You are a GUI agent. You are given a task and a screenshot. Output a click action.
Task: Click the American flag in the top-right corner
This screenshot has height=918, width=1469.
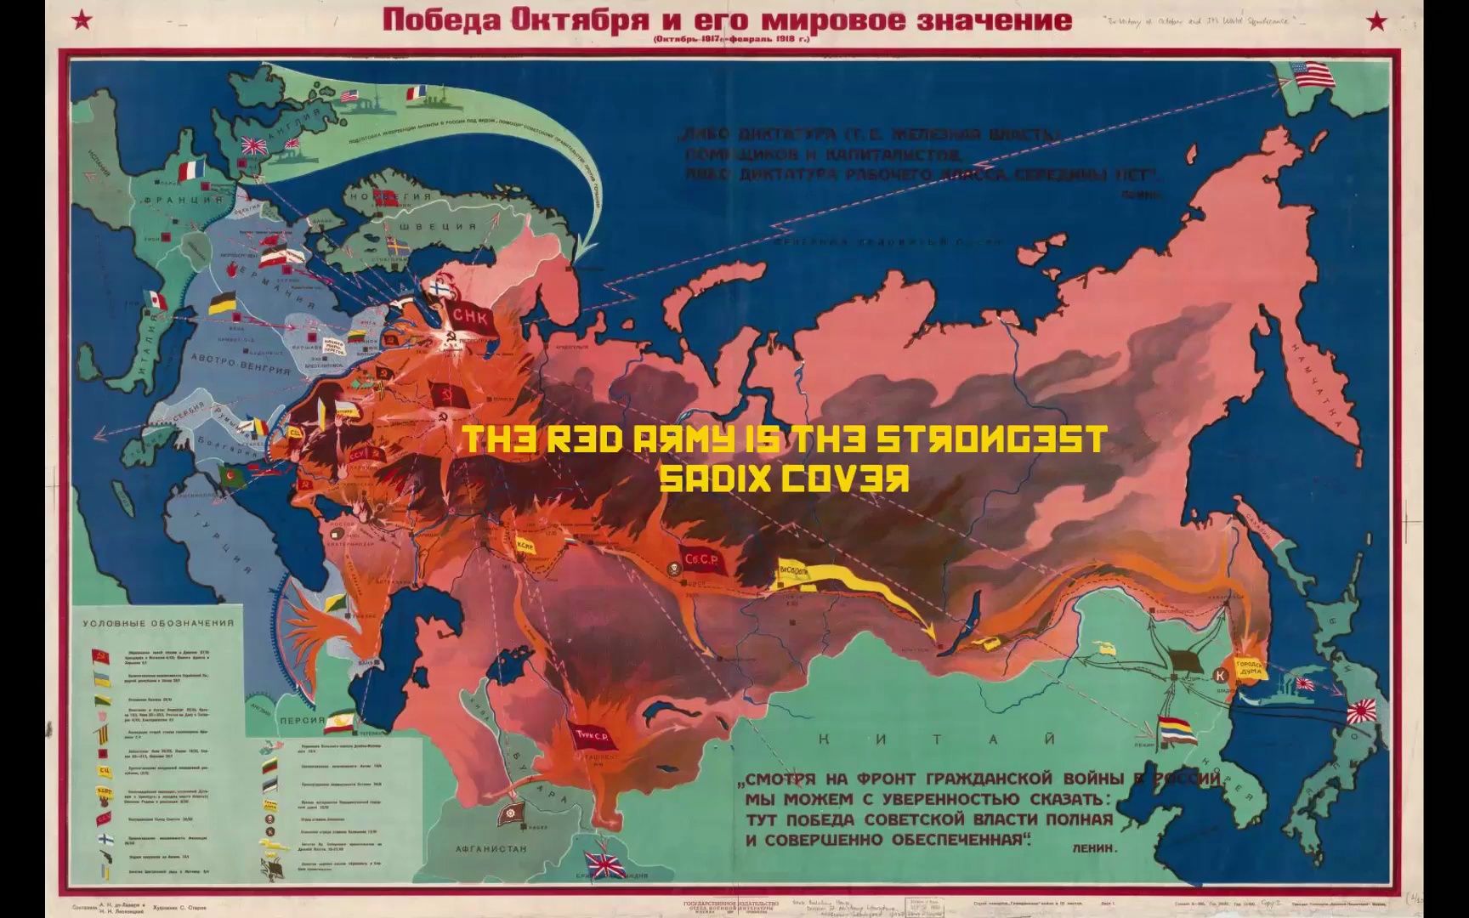pos(1313,75)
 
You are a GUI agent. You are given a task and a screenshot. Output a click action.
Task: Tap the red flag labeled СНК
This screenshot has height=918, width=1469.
pos(468,315)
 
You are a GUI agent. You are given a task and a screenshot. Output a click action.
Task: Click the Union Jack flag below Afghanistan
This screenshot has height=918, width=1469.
pos(608,868)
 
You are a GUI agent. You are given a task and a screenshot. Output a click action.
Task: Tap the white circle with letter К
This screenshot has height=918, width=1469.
pos(1222,675)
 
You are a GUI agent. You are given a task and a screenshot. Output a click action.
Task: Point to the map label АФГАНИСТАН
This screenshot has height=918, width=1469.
pos(491,848)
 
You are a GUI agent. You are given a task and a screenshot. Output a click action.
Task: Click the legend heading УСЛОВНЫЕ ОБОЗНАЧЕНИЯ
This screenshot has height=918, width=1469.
pos(158,623)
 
